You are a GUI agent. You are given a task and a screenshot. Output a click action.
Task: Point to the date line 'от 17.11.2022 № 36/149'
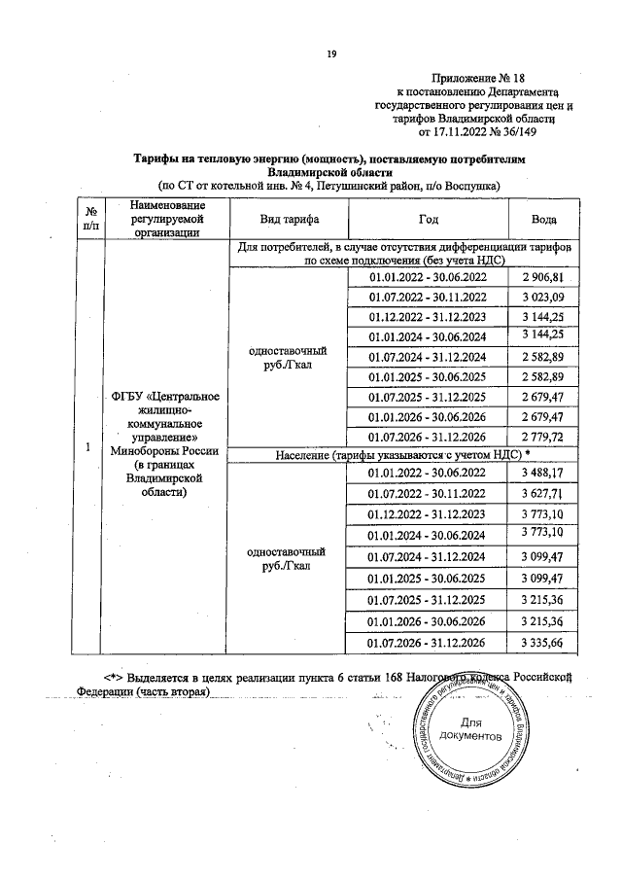click(476, 132)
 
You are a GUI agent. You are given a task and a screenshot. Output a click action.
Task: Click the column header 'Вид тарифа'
click(289, 220)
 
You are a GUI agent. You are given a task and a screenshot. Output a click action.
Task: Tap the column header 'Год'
click(428, 220)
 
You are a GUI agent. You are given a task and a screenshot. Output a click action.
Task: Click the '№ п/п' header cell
click(89, 220)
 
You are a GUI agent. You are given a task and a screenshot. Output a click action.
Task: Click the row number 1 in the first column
click(88, 448)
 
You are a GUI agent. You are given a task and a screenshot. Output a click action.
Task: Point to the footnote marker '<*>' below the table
click(119, 676)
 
